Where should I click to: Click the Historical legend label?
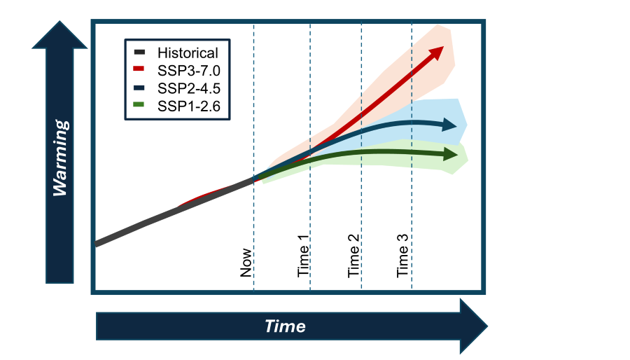(188, 53)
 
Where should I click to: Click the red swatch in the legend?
(138, 70)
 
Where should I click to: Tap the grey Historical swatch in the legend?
(138, 53)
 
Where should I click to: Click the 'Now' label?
(246, 261)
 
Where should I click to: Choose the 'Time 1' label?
(304, 256)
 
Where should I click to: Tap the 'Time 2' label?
(355, 256)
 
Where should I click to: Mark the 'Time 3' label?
(404, 256)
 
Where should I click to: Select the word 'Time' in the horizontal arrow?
(285, 326)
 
